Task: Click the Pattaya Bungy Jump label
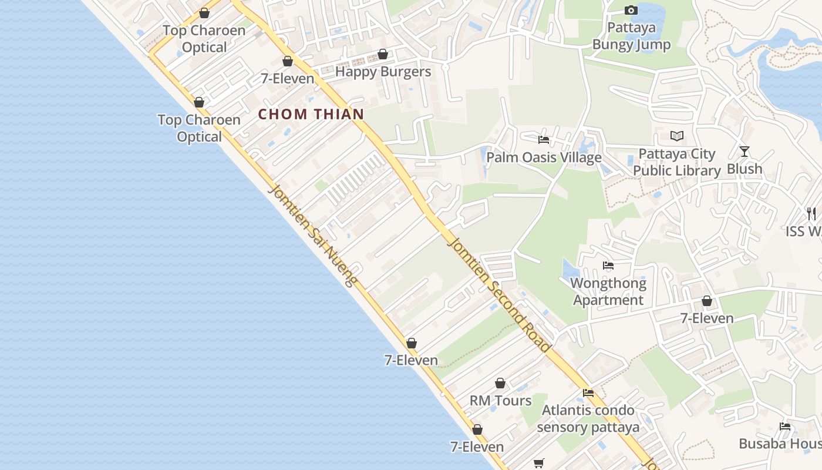pos(631,36)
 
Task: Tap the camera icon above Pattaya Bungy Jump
pos(631,10)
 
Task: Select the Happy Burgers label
pos(383,72)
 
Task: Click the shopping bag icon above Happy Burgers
pos(383,55)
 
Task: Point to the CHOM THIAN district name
pos(311,115)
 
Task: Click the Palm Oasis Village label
pos(544,157)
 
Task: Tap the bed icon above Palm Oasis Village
pos(544,140)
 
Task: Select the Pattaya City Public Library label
pos(677,163)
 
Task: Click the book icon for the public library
pos(677,136)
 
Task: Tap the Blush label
pos(744,169)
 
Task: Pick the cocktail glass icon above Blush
pos(744,152)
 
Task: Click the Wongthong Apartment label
pos(608,291)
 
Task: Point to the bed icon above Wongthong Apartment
pos(608,266)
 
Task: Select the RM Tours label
pos(500,401)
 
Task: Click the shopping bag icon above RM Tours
pos(500,384)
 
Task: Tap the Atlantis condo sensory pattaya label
pos(588,418)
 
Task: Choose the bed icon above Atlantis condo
pos(588,393)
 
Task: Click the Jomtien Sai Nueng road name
pos(312,235)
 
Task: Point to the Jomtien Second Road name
pos(499,294)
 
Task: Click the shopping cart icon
pos(539,463)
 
